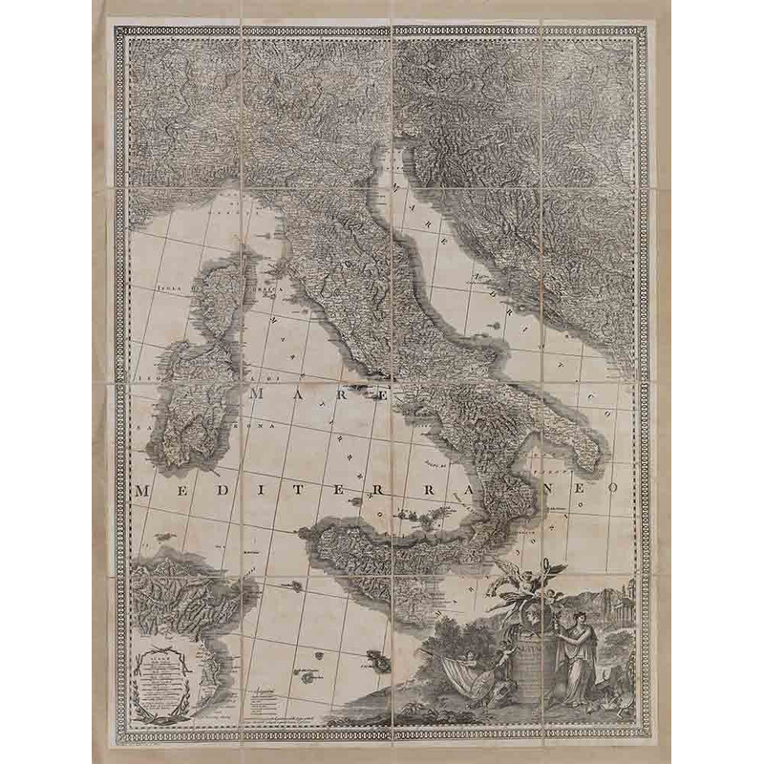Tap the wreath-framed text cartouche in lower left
tap(172, 683)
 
